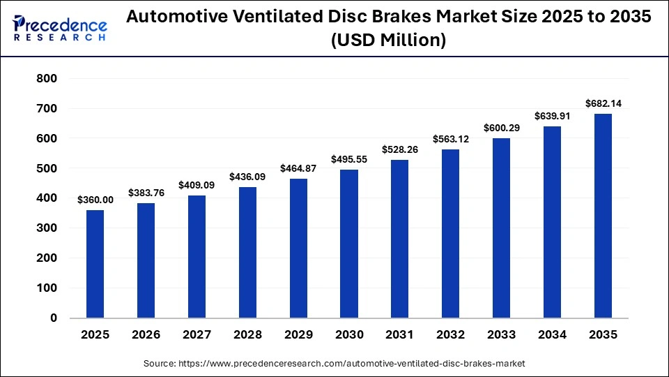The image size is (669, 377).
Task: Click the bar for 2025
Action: click(95, 264)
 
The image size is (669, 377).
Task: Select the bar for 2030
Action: click(349, 244)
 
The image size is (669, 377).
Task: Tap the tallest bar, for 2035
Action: click(603, 216)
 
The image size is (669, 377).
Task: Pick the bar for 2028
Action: click(247, 253)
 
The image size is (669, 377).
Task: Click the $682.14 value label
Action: click(603, 103)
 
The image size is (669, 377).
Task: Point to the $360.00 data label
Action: click(95, 200)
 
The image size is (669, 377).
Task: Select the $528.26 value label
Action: click(400, 149)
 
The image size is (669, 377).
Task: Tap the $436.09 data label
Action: click(247, 177)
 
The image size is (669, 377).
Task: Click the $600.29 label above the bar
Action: click(502, 128)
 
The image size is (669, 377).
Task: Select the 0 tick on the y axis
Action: click(54, 318)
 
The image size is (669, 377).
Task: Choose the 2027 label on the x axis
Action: click(197, 335)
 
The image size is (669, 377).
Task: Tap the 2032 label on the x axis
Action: click(451, 335)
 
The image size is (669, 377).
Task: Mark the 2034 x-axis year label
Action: click(553, 335)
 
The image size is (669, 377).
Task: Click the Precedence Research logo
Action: click(60, 28)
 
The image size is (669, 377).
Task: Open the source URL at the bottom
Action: click(334, 364)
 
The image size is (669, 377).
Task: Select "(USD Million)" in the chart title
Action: click(388, 40)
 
